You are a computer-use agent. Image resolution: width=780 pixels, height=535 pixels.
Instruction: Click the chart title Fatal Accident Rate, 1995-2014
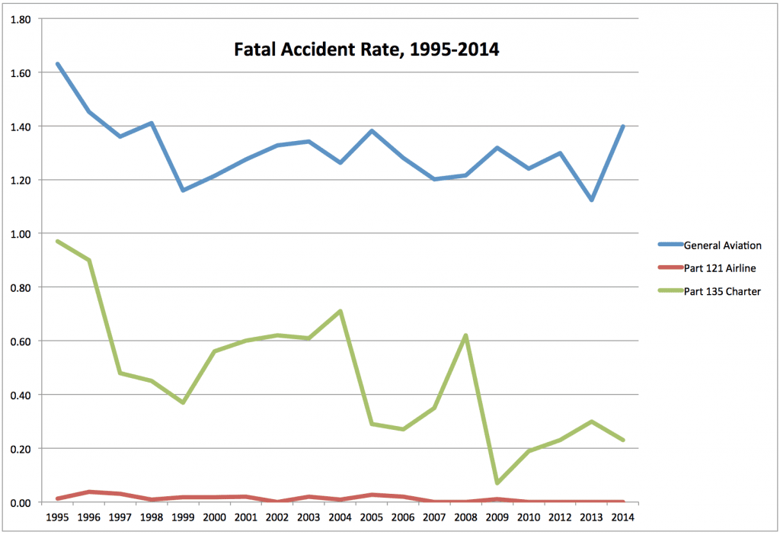pyautogui.click(x=366, y=51)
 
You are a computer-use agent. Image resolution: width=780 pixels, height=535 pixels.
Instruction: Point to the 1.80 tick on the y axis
pyautogui.click(x=20, y=19)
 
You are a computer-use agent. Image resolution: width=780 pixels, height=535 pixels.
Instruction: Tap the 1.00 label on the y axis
pyautogui.click(x=20, y=234)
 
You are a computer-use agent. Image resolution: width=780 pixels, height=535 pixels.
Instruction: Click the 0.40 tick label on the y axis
pyautogui.click(x=20, y=395)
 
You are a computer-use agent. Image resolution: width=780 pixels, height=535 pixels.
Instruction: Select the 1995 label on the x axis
pyautogui.click(x=58, y=516)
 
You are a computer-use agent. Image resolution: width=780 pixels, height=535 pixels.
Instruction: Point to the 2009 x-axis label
pyautogui.click(x=497, y=516)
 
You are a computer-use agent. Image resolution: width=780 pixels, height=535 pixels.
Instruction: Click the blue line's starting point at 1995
pyautogui.click(x=58, y=64)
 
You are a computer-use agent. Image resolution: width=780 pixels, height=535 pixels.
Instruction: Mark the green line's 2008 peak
pyautogui.click(x=465, y=335)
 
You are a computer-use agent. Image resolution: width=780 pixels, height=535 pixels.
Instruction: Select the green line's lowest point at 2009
pyautogui.click(x=497, y=483)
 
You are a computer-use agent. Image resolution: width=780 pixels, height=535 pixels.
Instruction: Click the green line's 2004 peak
pyautogui.click(x=340, y=311)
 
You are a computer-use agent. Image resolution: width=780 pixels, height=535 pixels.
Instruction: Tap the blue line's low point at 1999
pyautogui.click(x=183, y=190)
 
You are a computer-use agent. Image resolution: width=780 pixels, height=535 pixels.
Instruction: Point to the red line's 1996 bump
pyautogui.click(x=89, y=492)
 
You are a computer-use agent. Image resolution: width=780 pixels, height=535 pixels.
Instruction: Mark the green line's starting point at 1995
pyautogui.click(x=58, y=242)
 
